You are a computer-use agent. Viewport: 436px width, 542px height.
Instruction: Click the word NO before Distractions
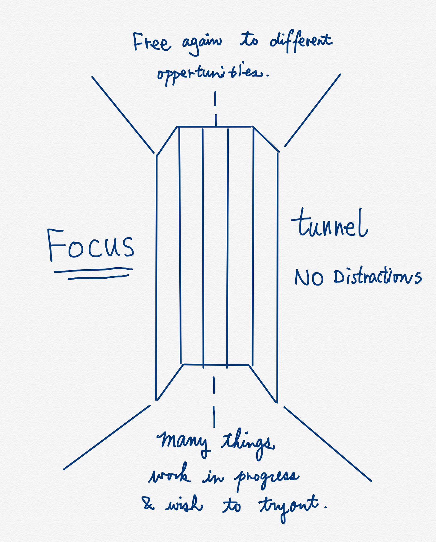pos(309,277)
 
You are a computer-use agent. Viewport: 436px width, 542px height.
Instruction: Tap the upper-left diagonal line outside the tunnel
pos(123,114)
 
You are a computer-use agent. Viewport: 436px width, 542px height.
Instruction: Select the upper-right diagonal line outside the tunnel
pos(313,110)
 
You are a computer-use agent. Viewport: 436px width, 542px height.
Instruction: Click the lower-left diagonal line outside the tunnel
pos(107,437)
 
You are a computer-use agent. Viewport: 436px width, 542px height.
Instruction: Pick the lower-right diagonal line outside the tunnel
pos(327,444)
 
